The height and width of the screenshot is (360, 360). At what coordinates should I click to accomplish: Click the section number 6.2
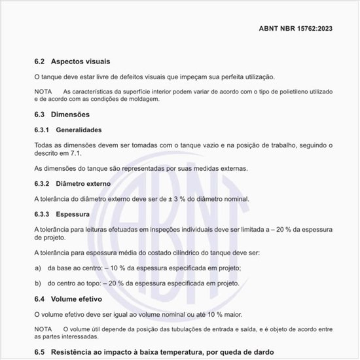(39, 62)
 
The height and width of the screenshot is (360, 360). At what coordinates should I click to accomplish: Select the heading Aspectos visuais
(76, 62)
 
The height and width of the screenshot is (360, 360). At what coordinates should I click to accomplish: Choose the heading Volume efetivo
(77, 298)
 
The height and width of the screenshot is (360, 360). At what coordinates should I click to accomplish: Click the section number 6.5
(39, 352)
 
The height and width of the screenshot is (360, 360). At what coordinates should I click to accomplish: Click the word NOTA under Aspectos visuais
(43, 91)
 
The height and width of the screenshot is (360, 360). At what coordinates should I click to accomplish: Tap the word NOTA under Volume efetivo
(43, 329)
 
